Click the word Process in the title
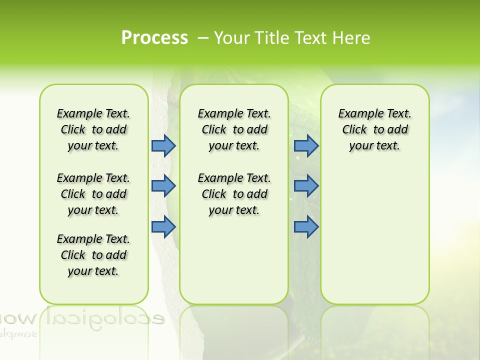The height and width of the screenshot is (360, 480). [154, 37]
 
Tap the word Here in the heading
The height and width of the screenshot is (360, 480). [351, 37]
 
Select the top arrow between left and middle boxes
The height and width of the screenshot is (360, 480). [163, 145]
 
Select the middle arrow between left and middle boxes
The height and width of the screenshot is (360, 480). [163, 186]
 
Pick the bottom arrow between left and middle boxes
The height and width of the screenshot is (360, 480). [163, 227]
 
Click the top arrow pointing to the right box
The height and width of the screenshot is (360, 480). [306, 145]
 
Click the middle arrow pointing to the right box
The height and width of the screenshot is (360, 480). [306, 186]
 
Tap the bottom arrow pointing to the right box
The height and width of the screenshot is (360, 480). [306, 227]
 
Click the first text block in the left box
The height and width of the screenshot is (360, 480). [93, 129]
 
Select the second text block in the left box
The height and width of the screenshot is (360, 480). [93, 194]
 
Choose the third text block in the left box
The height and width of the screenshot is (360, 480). [93, 255]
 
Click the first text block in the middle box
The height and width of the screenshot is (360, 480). [234, 129]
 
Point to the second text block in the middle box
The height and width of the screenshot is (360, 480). [234, 194]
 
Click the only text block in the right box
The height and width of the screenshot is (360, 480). [374, 129]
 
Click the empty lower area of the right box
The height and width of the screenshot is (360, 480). [374, 240]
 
